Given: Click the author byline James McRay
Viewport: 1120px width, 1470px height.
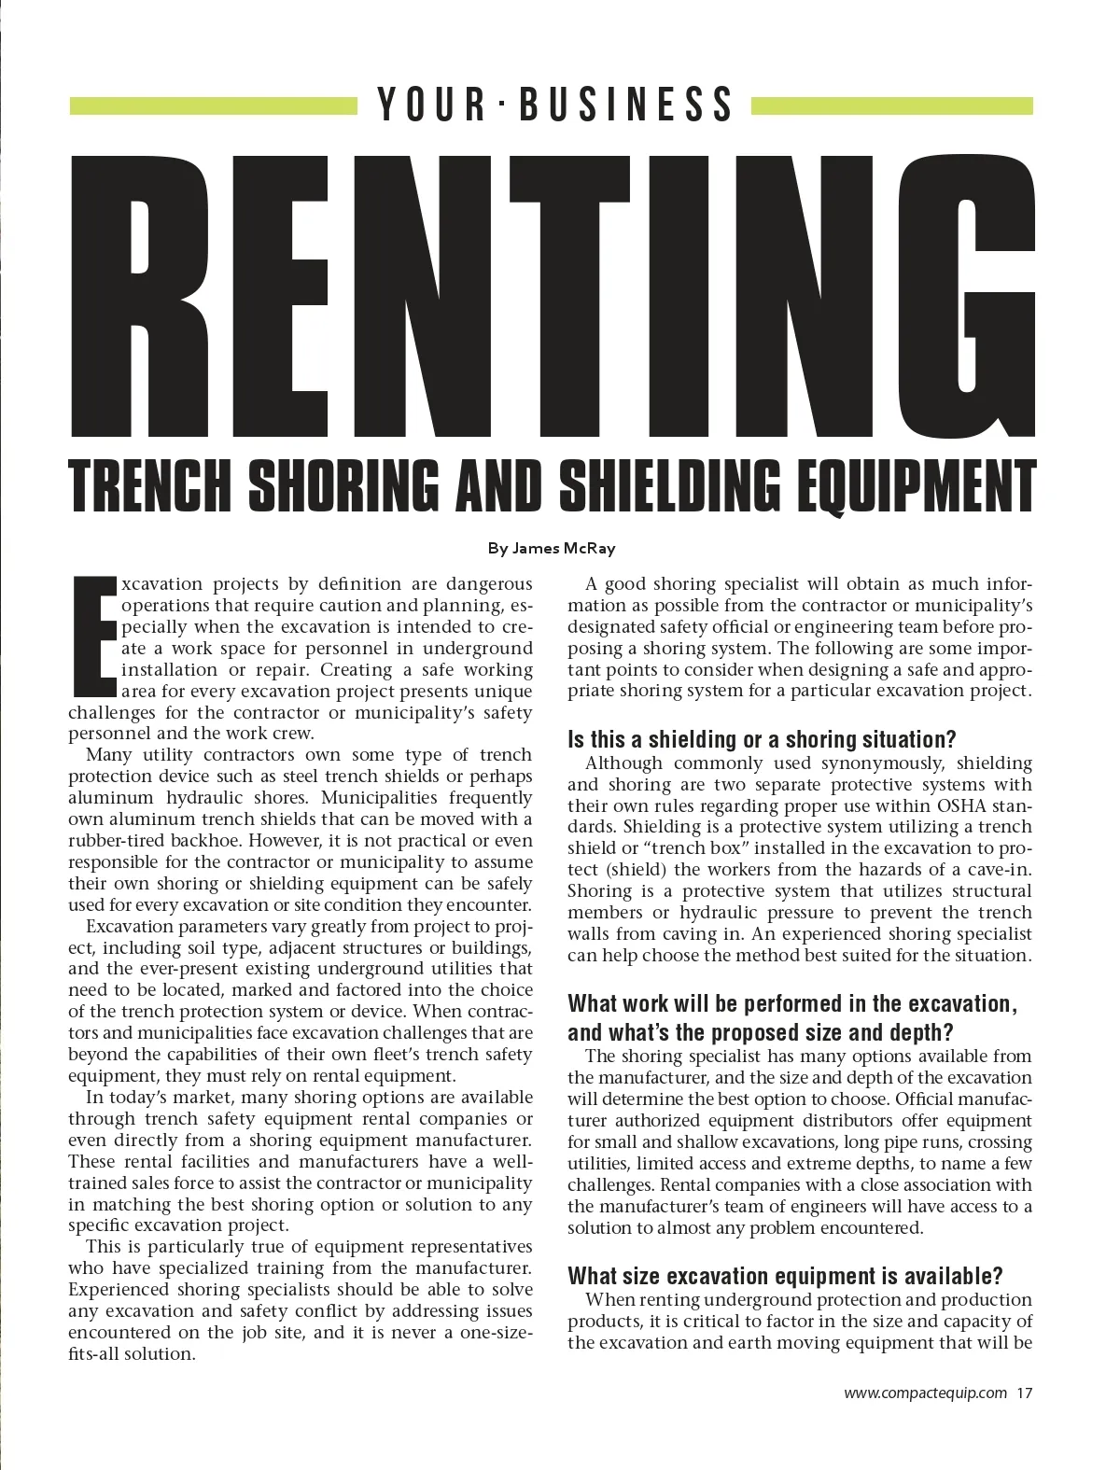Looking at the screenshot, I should click(552, 549).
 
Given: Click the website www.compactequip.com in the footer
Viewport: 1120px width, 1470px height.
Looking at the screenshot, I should click(925, 1393).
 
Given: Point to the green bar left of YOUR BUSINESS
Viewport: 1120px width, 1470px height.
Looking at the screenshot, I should click(214, 106).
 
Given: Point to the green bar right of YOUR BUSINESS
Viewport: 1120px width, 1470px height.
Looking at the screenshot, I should click(891, 106).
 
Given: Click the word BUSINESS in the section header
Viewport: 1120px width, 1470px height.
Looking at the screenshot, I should click(626, 105).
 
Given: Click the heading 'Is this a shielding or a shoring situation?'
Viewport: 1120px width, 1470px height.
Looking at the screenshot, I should click(762, 739).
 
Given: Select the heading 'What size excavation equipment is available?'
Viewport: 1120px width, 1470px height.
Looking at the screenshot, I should click(785, 1276).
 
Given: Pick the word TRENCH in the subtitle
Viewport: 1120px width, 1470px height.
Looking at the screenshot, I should click(151, 486).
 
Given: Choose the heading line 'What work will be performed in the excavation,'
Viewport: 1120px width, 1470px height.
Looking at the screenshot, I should click(791, 1004).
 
